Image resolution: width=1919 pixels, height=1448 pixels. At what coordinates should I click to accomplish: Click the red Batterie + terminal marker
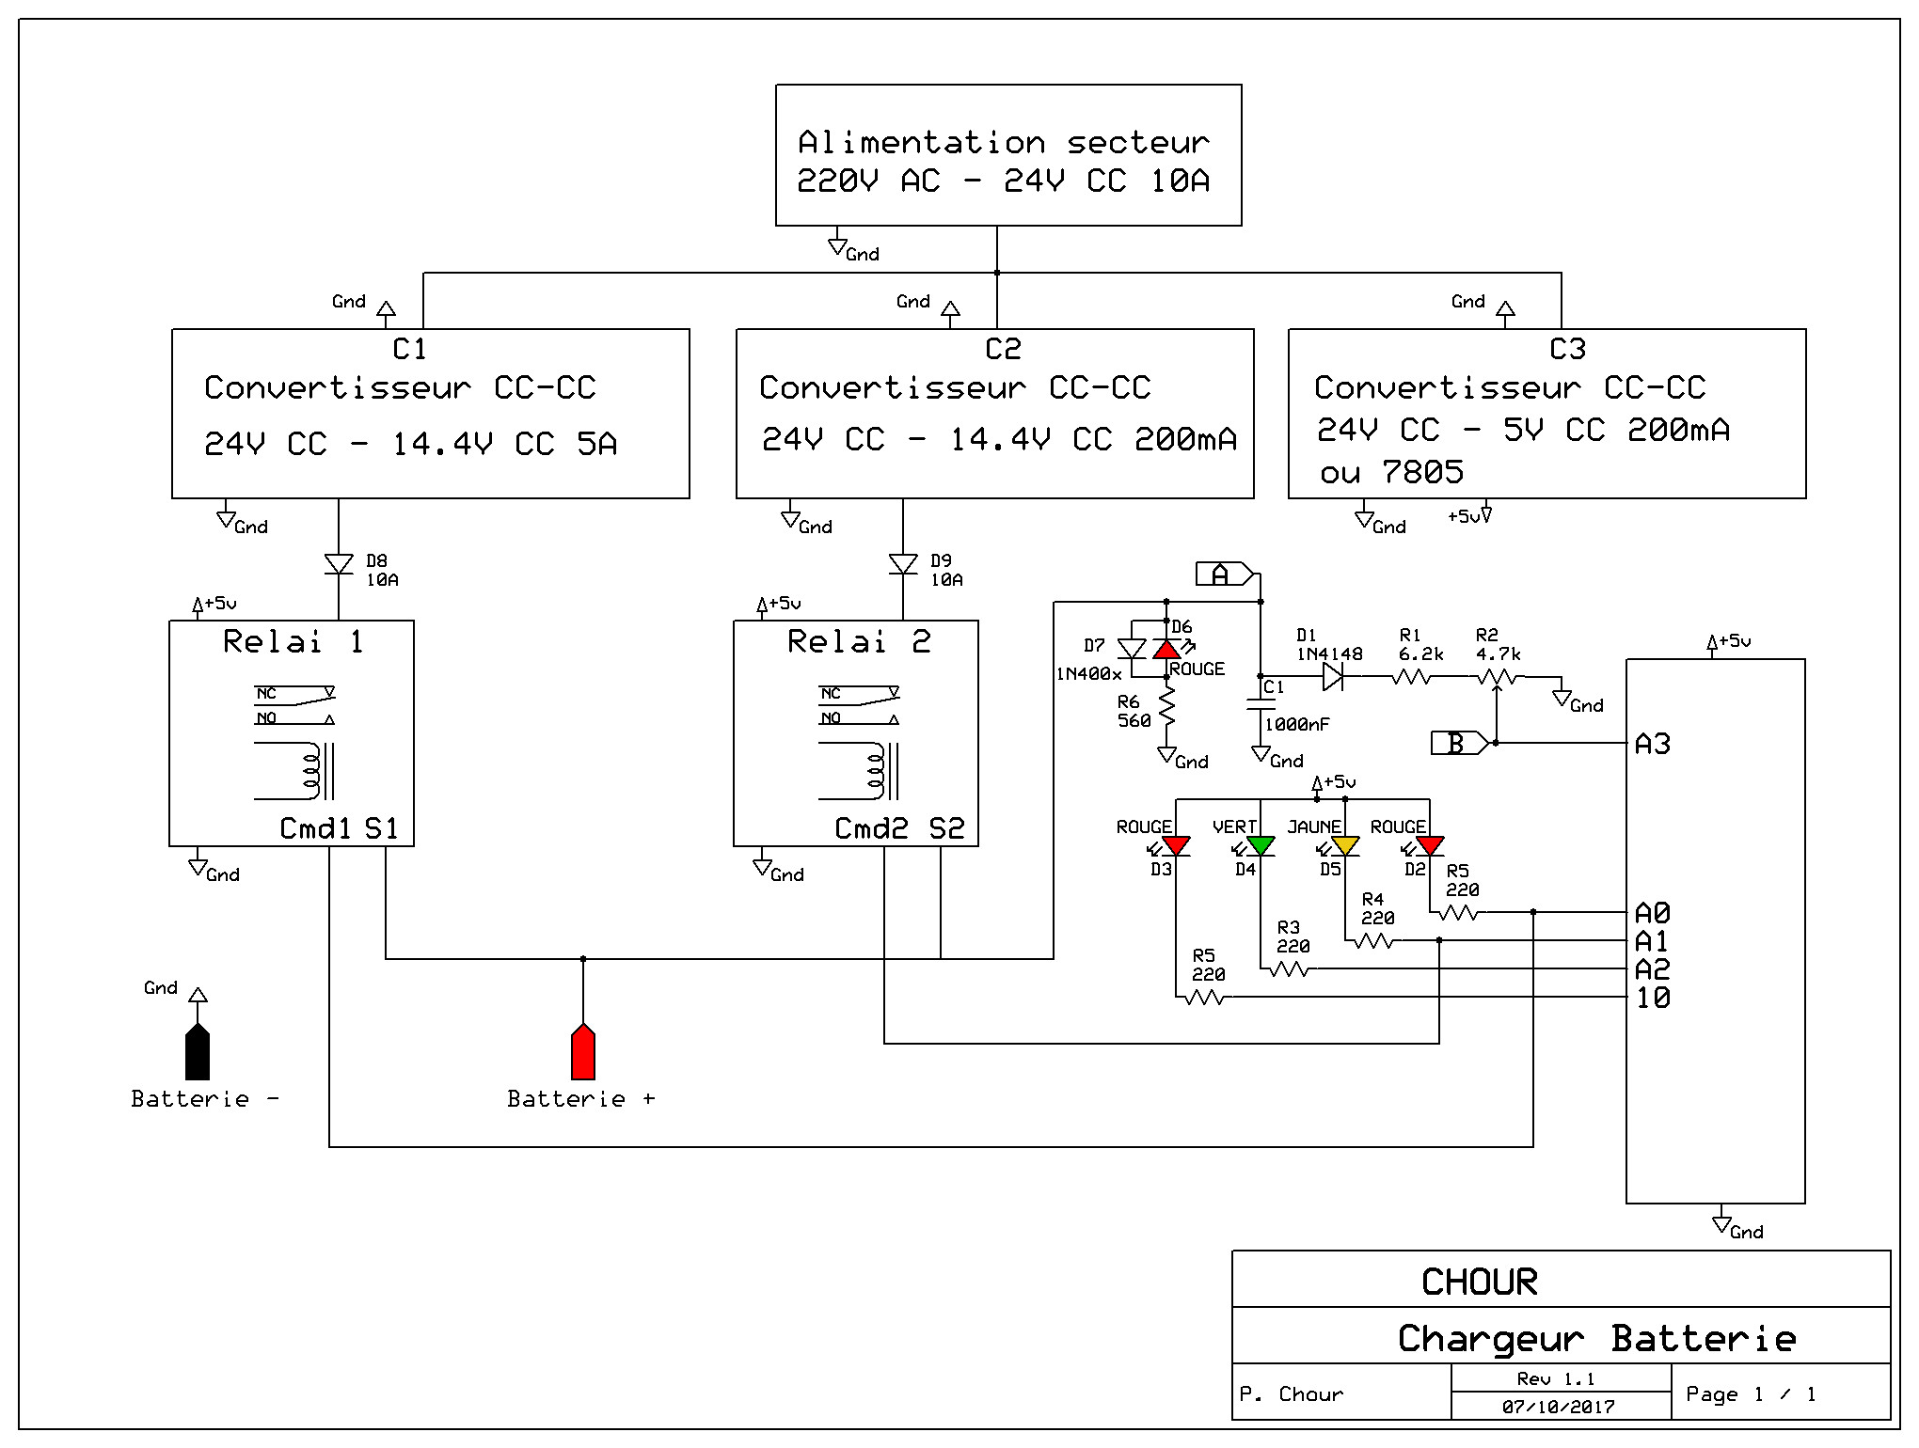click(583, 1053)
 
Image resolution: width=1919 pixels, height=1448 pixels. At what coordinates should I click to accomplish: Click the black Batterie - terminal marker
click(198, 1053)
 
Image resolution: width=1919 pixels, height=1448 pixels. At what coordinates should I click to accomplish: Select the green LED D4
click(1261, 846)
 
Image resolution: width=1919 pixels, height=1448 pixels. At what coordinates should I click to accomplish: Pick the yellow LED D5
click(1345, 846)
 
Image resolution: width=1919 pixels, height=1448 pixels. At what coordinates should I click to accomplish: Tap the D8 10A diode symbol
click(339, 564)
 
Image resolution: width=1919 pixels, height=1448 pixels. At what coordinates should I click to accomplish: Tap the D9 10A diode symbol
click(903, 564)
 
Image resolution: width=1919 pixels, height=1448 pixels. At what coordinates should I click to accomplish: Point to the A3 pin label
click(1653, 744)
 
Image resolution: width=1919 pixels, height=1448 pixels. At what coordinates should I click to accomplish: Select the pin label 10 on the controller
click(1653, 998)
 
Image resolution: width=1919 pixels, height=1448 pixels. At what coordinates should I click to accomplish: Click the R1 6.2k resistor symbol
click(1411, 676)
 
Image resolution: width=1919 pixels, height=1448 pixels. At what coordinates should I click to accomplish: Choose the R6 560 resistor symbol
click(1167, 707)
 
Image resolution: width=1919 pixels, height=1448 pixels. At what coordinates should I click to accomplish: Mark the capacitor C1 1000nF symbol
click(1261, 704)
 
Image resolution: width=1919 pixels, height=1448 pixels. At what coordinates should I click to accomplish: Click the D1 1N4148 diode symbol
click(1332, 676)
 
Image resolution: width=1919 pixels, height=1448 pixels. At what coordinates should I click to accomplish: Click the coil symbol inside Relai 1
click(311, 771)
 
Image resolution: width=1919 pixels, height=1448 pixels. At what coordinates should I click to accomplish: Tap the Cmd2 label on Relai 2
click(871, 828)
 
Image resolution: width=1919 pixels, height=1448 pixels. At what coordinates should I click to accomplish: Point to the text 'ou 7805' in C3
click(1391, 472)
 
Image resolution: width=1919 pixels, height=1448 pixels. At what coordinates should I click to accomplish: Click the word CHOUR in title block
click(1479, 1282)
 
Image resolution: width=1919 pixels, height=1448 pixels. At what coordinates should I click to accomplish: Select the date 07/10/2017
click(1558, 1407)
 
